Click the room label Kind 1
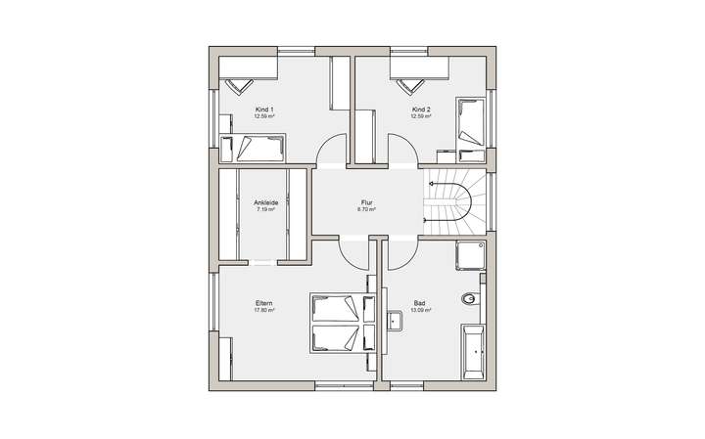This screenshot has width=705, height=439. [263, 109]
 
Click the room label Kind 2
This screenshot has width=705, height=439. [422, 109]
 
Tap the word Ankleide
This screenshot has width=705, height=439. [266, 201]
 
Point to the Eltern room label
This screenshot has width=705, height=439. [264, 304]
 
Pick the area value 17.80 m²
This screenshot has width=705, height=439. [264, 311]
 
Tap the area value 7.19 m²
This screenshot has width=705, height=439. [266, 208]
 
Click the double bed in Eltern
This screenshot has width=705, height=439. [338, 323]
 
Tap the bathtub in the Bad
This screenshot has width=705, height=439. [473, 349]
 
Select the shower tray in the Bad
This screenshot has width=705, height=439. [471, 255]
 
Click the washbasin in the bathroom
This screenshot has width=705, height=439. [395, 320]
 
